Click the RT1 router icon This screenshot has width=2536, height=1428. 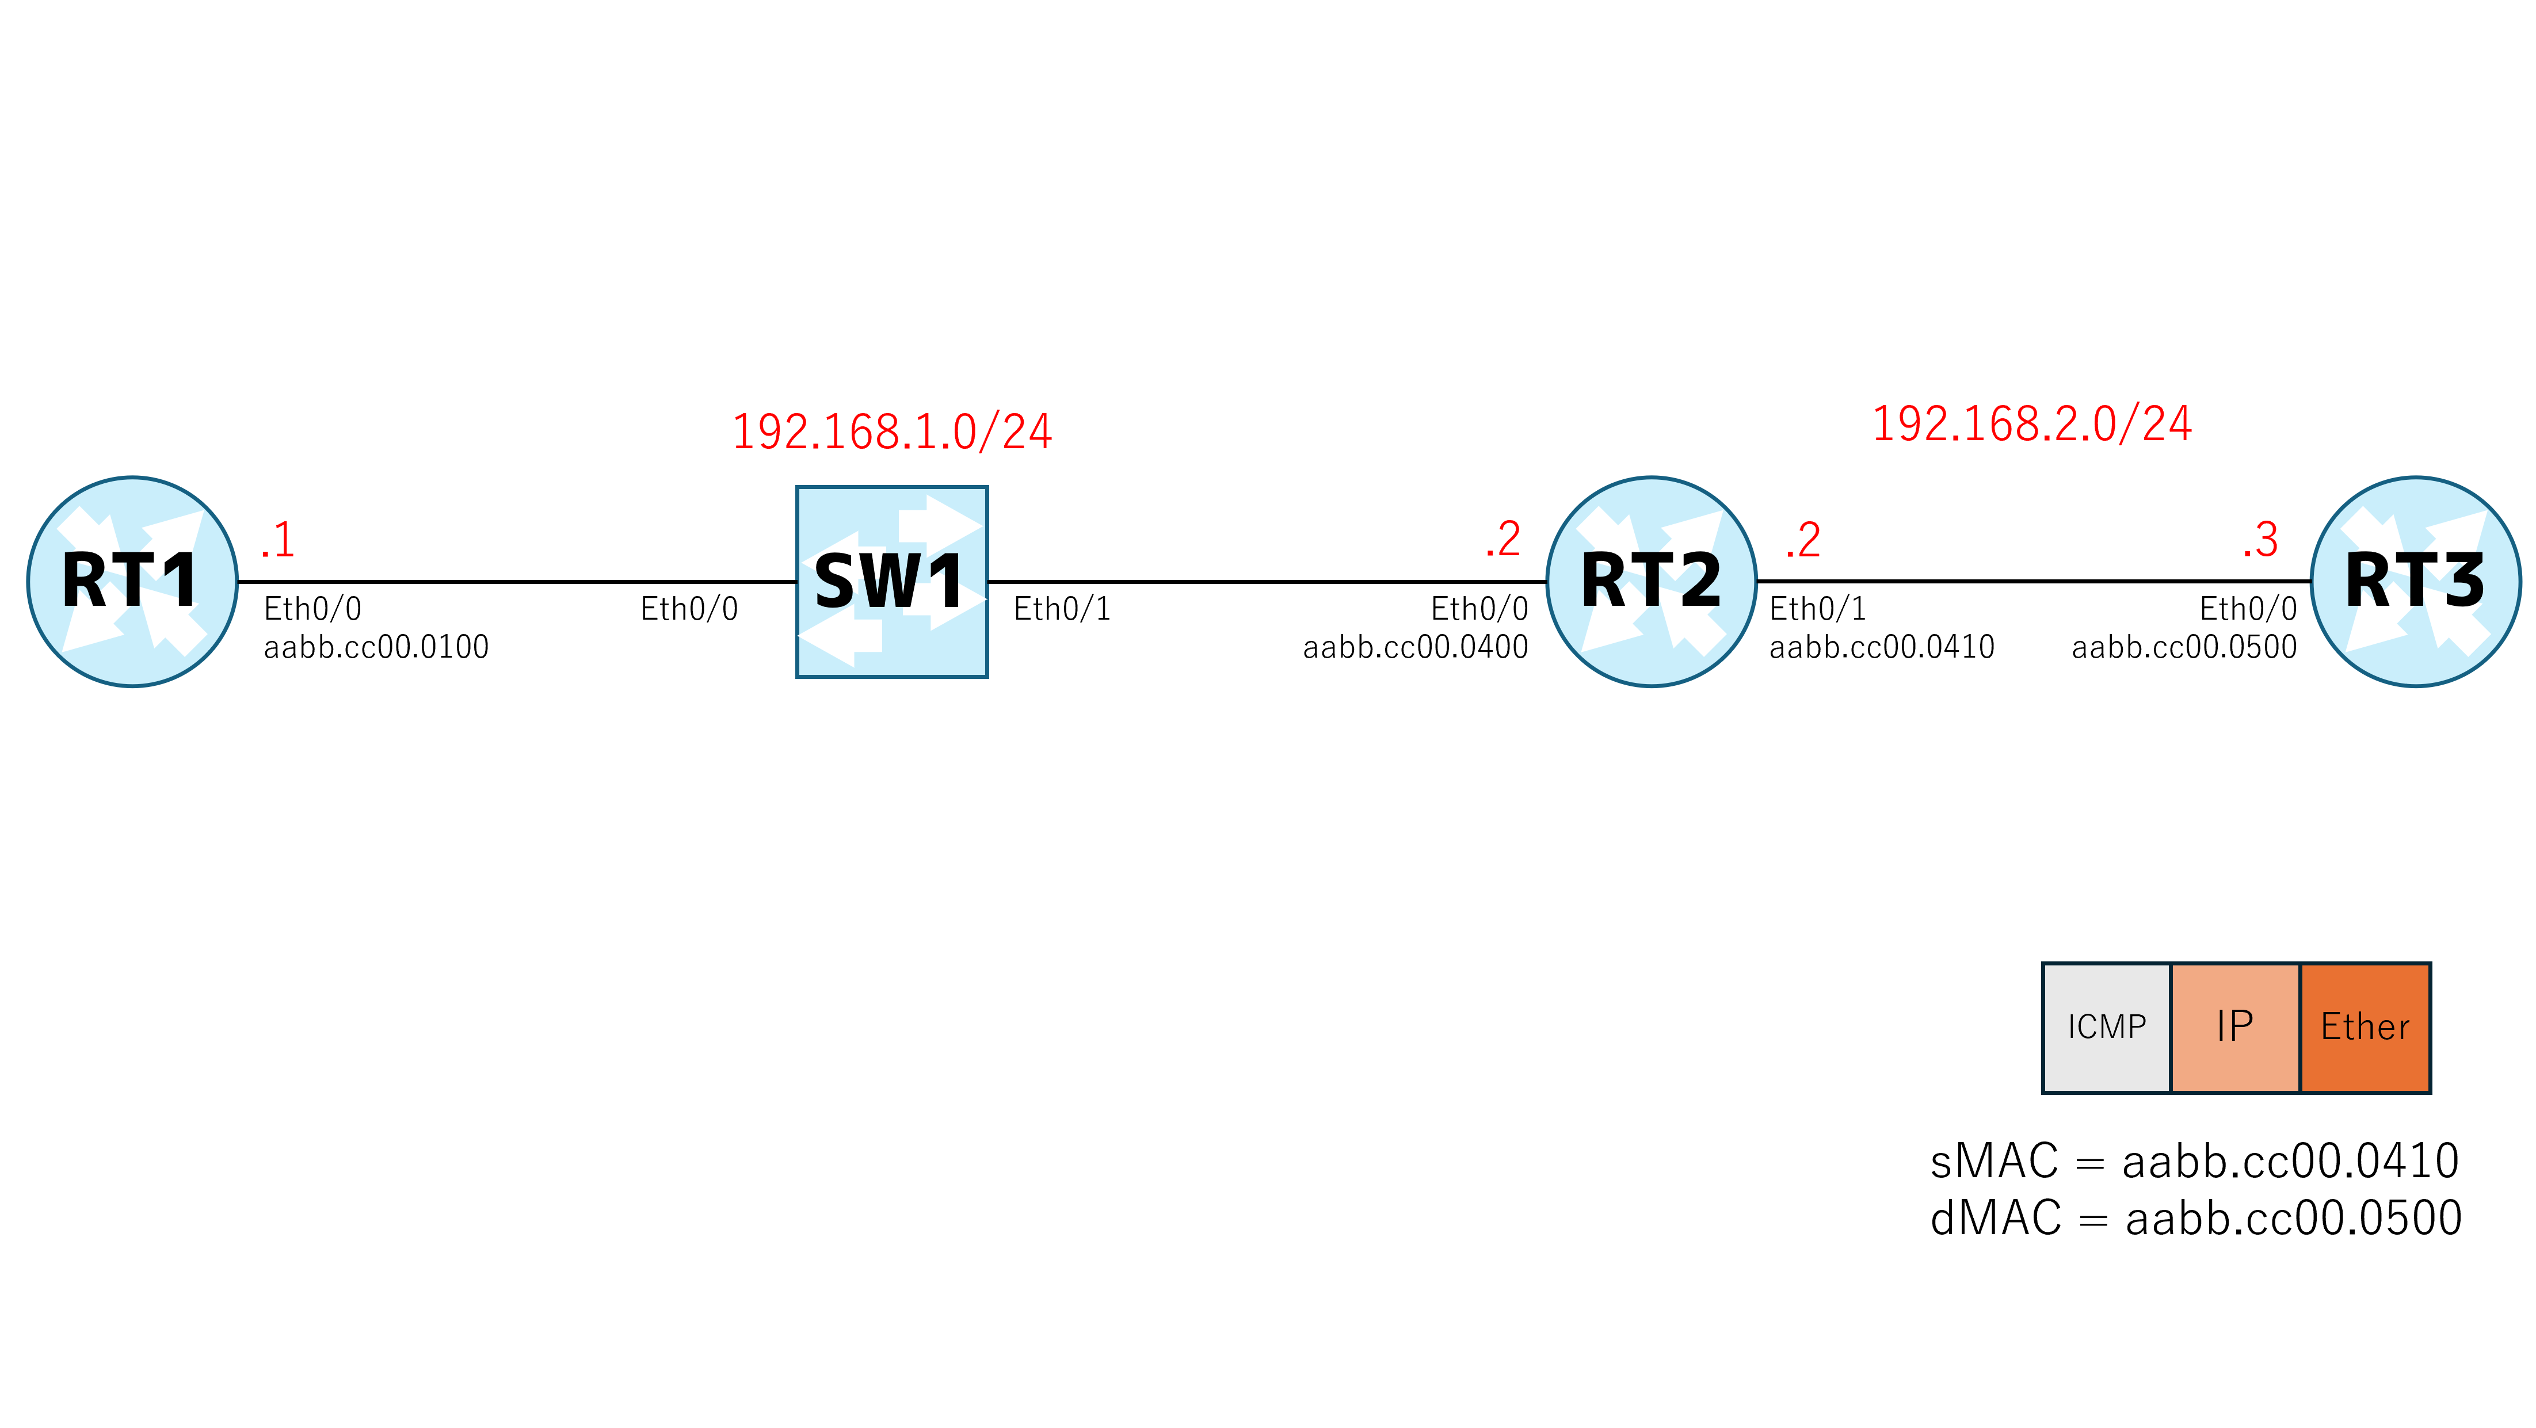click(x=132, y=582)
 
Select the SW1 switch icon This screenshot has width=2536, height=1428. click(x=892, y=582)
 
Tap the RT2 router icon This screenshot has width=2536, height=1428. click(x=1652, y=582)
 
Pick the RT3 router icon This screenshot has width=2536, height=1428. click(x=2416, y=582)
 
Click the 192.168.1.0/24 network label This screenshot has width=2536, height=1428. click(x=892, y=431)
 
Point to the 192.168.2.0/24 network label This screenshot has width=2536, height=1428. click(x=2032, y=424)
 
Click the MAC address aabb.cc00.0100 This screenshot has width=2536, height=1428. click(x=376, y=647)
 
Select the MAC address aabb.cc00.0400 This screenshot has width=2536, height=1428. click(x=1416, y=647)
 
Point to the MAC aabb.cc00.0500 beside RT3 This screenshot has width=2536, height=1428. click(x=2184, y=647)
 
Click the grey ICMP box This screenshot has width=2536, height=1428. click(x=2107, y=1028)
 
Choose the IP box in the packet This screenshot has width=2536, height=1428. click(x=2234, y=1028)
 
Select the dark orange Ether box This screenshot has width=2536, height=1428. click(x=2365, y=1028)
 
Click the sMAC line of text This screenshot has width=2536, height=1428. click(x=2194, y=1161)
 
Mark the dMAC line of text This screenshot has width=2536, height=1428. click(x=2196, y=1219)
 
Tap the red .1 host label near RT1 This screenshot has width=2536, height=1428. click(x=277, y=539)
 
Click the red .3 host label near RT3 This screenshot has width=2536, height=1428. click(x=2260, y=539)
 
